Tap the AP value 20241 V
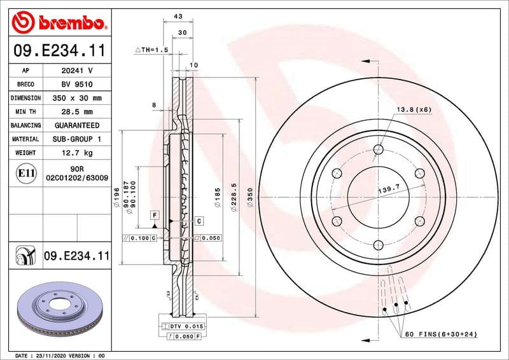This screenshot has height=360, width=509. click(x=77, y=71)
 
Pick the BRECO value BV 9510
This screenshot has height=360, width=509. click(x=77, y=85)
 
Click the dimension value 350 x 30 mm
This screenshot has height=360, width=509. click(x=77, y=99)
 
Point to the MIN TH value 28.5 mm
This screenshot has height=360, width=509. click(x=77, y=112)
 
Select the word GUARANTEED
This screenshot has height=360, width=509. click(x=77, y=125)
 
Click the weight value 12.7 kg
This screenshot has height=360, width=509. click(x=77, y=153)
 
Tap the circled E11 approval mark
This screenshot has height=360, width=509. click(x=26, y=173)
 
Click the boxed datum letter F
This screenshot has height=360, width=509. click(x=154, y=216)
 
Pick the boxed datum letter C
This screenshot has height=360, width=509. click(x=199, y=221)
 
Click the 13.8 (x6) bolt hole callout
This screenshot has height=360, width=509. click(x=414, y=109)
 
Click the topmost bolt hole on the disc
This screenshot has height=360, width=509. click(x=379, y=149)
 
